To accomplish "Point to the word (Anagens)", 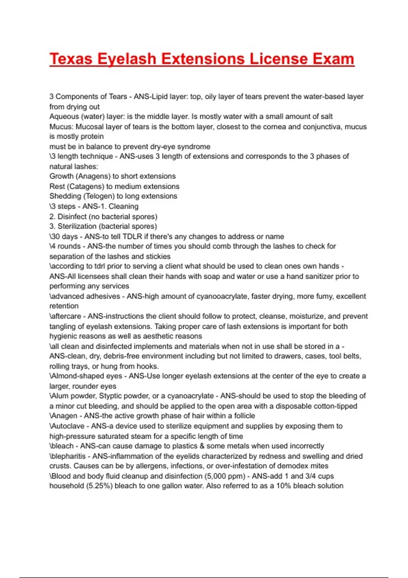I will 90,176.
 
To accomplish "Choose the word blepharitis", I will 68,456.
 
